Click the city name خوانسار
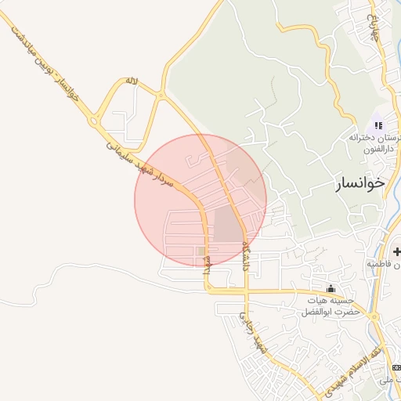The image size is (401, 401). click(359, 182)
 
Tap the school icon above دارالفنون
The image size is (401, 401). click(379, 125)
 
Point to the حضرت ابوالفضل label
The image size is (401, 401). click(332, 311)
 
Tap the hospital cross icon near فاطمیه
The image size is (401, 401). click(398, 251)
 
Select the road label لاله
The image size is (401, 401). click(132, 81)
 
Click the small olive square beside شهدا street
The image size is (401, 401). click(201, 252)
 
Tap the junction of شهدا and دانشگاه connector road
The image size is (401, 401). click(208, 290)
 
